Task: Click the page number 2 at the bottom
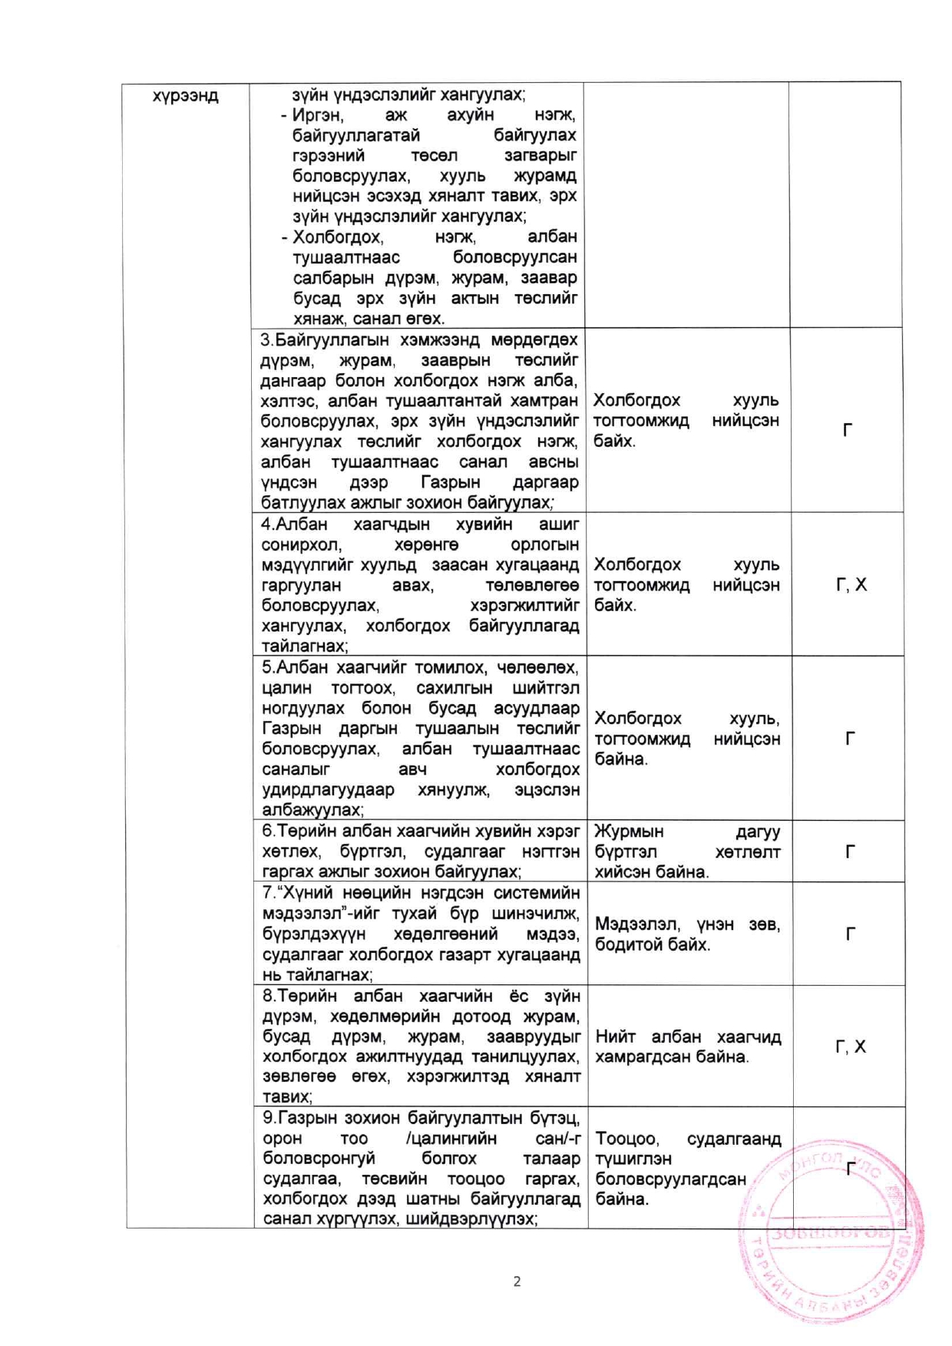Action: coord(517,1281)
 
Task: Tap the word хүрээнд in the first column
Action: coord(185,96)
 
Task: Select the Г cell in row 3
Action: coord(847,430)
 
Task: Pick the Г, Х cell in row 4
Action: coord(851,585)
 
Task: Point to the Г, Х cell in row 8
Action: coord(850,1047)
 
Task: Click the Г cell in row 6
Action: coord(850,852)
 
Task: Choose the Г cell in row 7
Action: coord(850,934)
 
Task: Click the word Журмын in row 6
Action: coord(629,832)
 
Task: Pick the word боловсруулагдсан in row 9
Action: coord(670,1179)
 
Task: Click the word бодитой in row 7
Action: coord(627,945)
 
